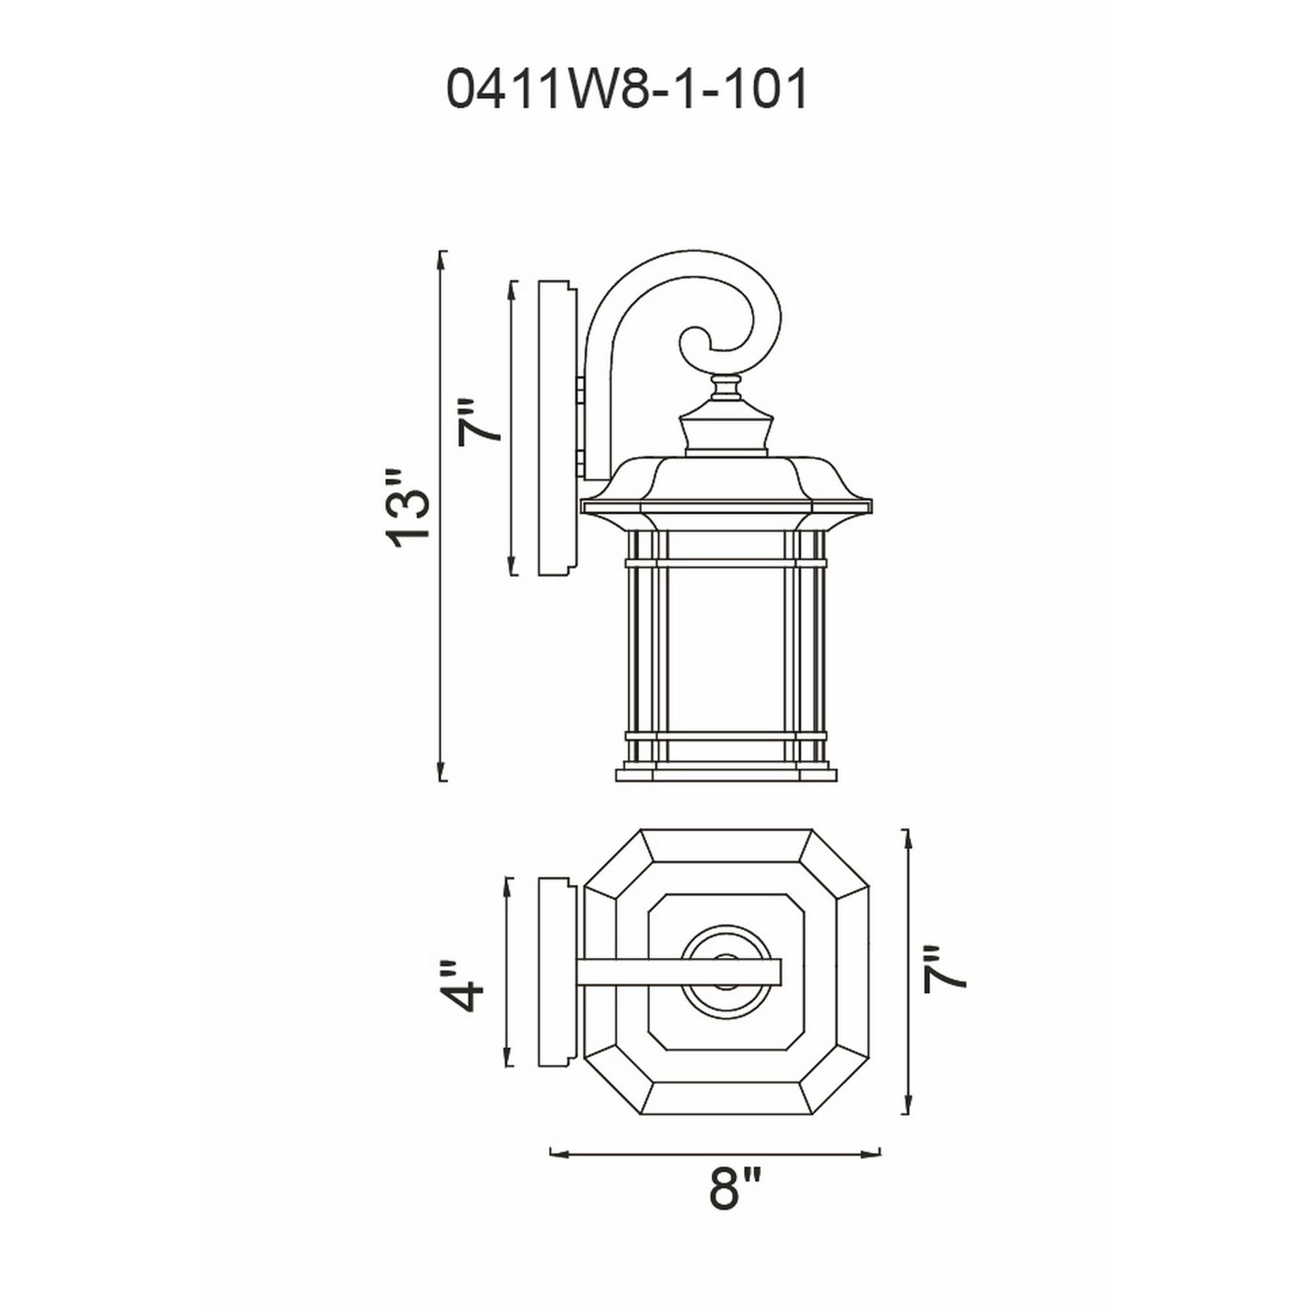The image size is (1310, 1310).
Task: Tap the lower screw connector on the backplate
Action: pos(580,463)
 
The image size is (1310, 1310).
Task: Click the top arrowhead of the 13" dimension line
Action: pos(442,258)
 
